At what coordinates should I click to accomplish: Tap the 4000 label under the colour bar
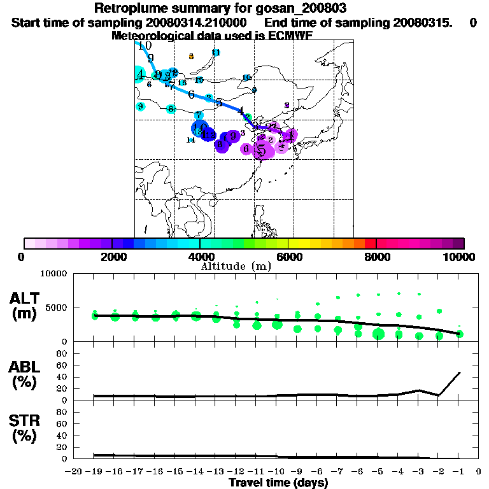[201, 257]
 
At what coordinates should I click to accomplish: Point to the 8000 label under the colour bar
[376, 257]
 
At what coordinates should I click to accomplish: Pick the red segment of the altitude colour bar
[370, 243]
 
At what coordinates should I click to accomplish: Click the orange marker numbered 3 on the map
[191, 57]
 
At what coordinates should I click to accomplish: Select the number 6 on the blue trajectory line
[191, 94]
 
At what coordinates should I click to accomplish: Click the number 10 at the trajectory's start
[145, 46]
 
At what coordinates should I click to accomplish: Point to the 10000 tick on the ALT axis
[54, 274]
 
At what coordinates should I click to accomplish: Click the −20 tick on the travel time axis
[75, 472]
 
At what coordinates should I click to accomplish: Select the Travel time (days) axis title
[278, 483]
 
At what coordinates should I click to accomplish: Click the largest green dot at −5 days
[379, 334]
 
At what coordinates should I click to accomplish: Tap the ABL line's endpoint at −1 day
[460, 372]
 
